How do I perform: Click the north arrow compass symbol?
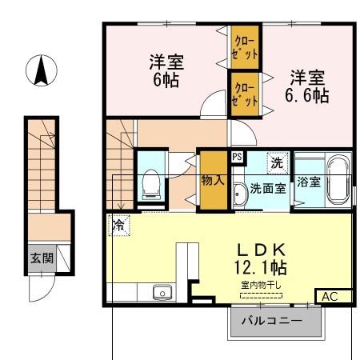[x=38, y=71]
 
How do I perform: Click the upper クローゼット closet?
[x=246, y=47]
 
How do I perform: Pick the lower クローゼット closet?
[x=245, y=93]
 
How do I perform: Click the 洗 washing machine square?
[x=276, y=162]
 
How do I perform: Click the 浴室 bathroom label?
[x=309, y=182]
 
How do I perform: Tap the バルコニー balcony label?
[x=275, y=322]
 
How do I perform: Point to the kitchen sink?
[x=162, y=293]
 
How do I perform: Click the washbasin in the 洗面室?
[x=239, y=193]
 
